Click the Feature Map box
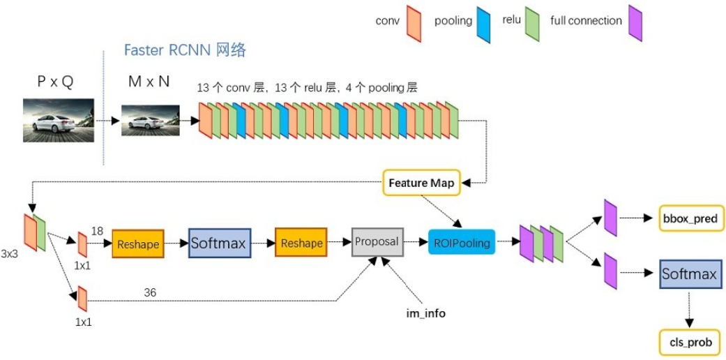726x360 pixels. [421, 183]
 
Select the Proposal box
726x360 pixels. [378, 241]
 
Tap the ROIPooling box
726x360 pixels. [462, 242]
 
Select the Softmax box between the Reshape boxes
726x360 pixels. [220, 243]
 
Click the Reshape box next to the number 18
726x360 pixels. [138, 243]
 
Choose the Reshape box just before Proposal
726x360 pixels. [301, 242]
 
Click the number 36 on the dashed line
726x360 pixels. [150, 293]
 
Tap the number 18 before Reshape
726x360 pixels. [97, 231]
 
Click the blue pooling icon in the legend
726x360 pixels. [483, 24]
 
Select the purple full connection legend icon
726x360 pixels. [635, 23]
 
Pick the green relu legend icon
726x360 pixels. [532, 24]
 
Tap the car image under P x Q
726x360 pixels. [59, 119]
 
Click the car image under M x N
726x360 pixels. [151, 120]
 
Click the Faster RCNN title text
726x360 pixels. [185, 50]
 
